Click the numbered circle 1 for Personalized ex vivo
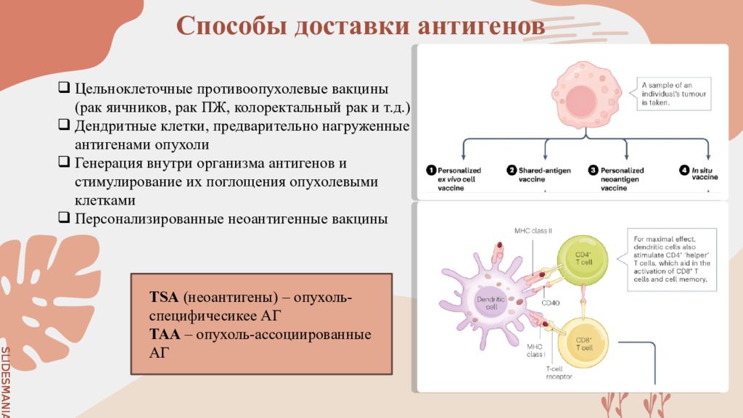tap(430, 171)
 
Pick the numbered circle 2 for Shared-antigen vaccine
tap(512, 171)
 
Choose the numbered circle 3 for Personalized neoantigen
tap(593, 171)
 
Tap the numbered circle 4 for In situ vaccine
tap(684, 171)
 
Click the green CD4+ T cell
tap(583, 258)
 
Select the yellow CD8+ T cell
tap(583, 344)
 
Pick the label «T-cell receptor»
tap(559, 373)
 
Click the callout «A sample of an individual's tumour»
tap(674, 94)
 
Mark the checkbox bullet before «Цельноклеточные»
tap(65, 89)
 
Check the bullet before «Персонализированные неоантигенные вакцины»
tap(65, 217)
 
